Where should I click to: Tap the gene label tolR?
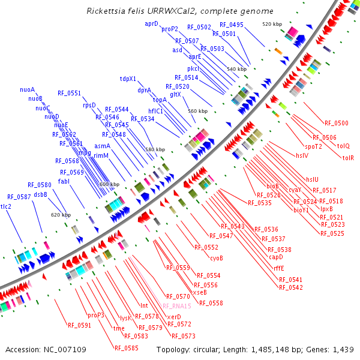pyautogui.click(x=348, y=158)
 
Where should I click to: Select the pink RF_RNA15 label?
pyautogui.click(x=177, y=306)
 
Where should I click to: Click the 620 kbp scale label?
pyautogui.click(x=61, y=214)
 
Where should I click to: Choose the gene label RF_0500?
pyautogui.click(x=336, y=123)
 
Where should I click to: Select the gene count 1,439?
pyautogui.click(x=341, y=349)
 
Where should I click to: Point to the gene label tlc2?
pyautogui.click(x=6, y=206)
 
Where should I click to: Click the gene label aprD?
pyautogui.click(x=151, y=23)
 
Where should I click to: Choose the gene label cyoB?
pyautogui.click(x=216, y=258)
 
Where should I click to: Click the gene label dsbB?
pyautogui.click(x=41, y=194)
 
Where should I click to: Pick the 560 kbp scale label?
pyautogui.click(x=197, y=111)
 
